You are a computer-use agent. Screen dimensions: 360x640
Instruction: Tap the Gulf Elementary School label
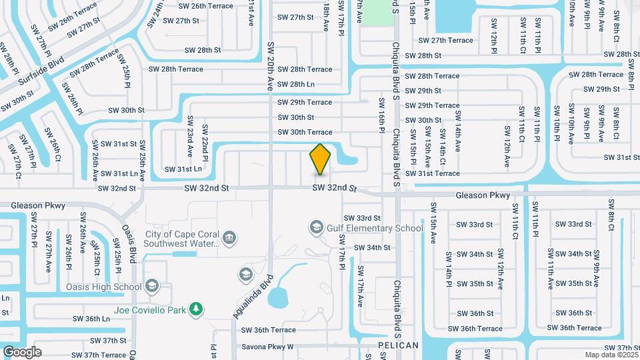[375, 228]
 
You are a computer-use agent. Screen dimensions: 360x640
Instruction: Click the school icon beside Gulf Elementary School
[316, 228]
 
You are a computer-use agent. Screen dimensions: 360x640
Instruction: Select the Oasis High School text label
[104, 287]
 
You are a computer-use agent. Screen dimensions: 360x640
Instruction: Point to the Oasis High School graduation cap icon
[152, 287]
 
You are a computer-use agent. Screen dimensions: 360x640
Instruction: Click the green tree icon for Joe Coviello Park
[195, 309]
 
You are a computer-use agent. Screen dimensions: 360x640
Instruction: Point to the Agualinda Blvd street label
[253, 296]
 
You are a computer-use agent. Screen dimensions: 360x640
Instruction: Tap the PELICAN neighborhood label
[398, 345]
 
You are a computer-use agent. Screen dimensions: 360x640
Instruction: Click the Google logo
[23, 351]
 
